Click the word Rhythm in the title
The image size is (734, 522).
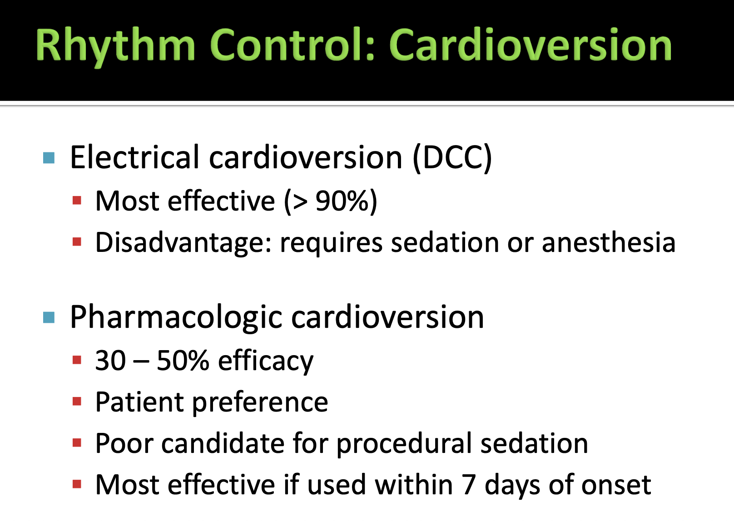coord(116,46)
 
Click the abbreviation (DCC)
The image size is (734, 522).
coord(452,158)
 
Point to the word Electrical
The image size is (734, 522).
coord(135,157)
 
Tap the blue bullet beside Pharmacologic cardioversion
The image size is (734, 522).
coord(49,317)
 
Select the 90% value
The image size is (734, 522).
coord(342,201)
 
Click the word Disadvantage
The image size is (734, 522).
coord(183,243)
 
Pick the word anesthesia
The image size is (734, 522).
coord(609,242)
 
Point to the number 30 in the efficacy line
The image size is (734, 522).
coord(110,361)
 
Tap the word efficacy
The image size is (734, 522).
coord(266,361)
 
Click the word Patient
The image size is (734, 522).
coord(139,402)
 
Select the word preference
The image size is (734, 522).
coord(260,403)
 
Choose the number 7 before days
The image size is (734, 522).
coord(469,485)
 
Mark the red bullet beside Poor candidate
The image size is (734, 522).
coord(77,443)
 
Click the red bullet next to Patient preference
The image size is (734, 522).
coord(77,402)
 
